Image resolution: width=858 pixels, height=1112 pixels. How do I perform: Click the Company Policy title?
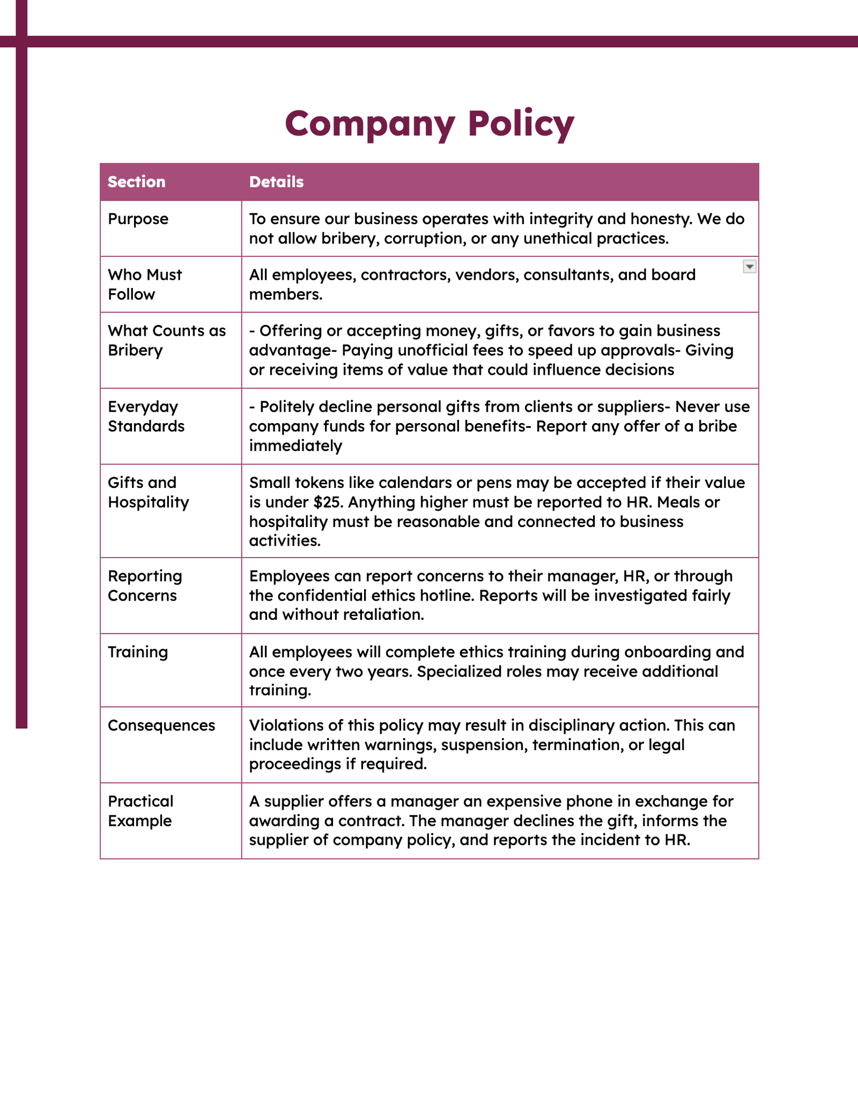tap(429, 123)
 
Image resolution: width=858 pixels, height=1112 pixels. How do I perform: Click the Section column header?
tap(136, 182)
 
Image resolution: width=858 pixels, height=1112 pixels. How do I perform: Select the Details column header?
tap(276, 182)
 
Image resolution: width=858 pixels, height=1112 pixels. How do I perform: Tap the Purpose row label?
tap(138, 219)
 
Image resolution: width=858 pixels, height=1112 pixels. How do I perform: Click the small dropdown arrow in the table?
tap(749, 266)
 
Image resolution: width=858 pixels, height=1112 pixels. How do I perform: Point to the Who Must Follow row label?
tap(144, 284)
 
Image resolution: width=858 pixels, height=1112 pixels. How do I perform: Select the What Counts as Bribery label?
tap(166, 340)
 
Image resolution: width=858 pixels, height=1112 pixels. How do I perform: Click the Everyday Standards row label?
tap(146, 416)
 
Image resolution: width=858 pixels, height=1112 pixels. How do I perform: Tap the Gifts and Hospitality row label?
tap(148, 492)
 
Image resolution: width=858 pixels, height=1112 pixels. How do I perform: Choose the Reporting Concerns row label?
tap(145, 585)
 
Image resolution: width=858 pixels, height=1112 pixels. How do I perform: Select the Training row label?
tap(138, 652)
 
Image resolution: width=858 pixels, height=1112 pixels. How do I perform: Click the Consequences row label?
tap(161, 725)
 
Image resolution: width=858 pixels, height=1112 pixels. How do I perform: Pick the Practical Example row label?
tap(140, 811)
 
